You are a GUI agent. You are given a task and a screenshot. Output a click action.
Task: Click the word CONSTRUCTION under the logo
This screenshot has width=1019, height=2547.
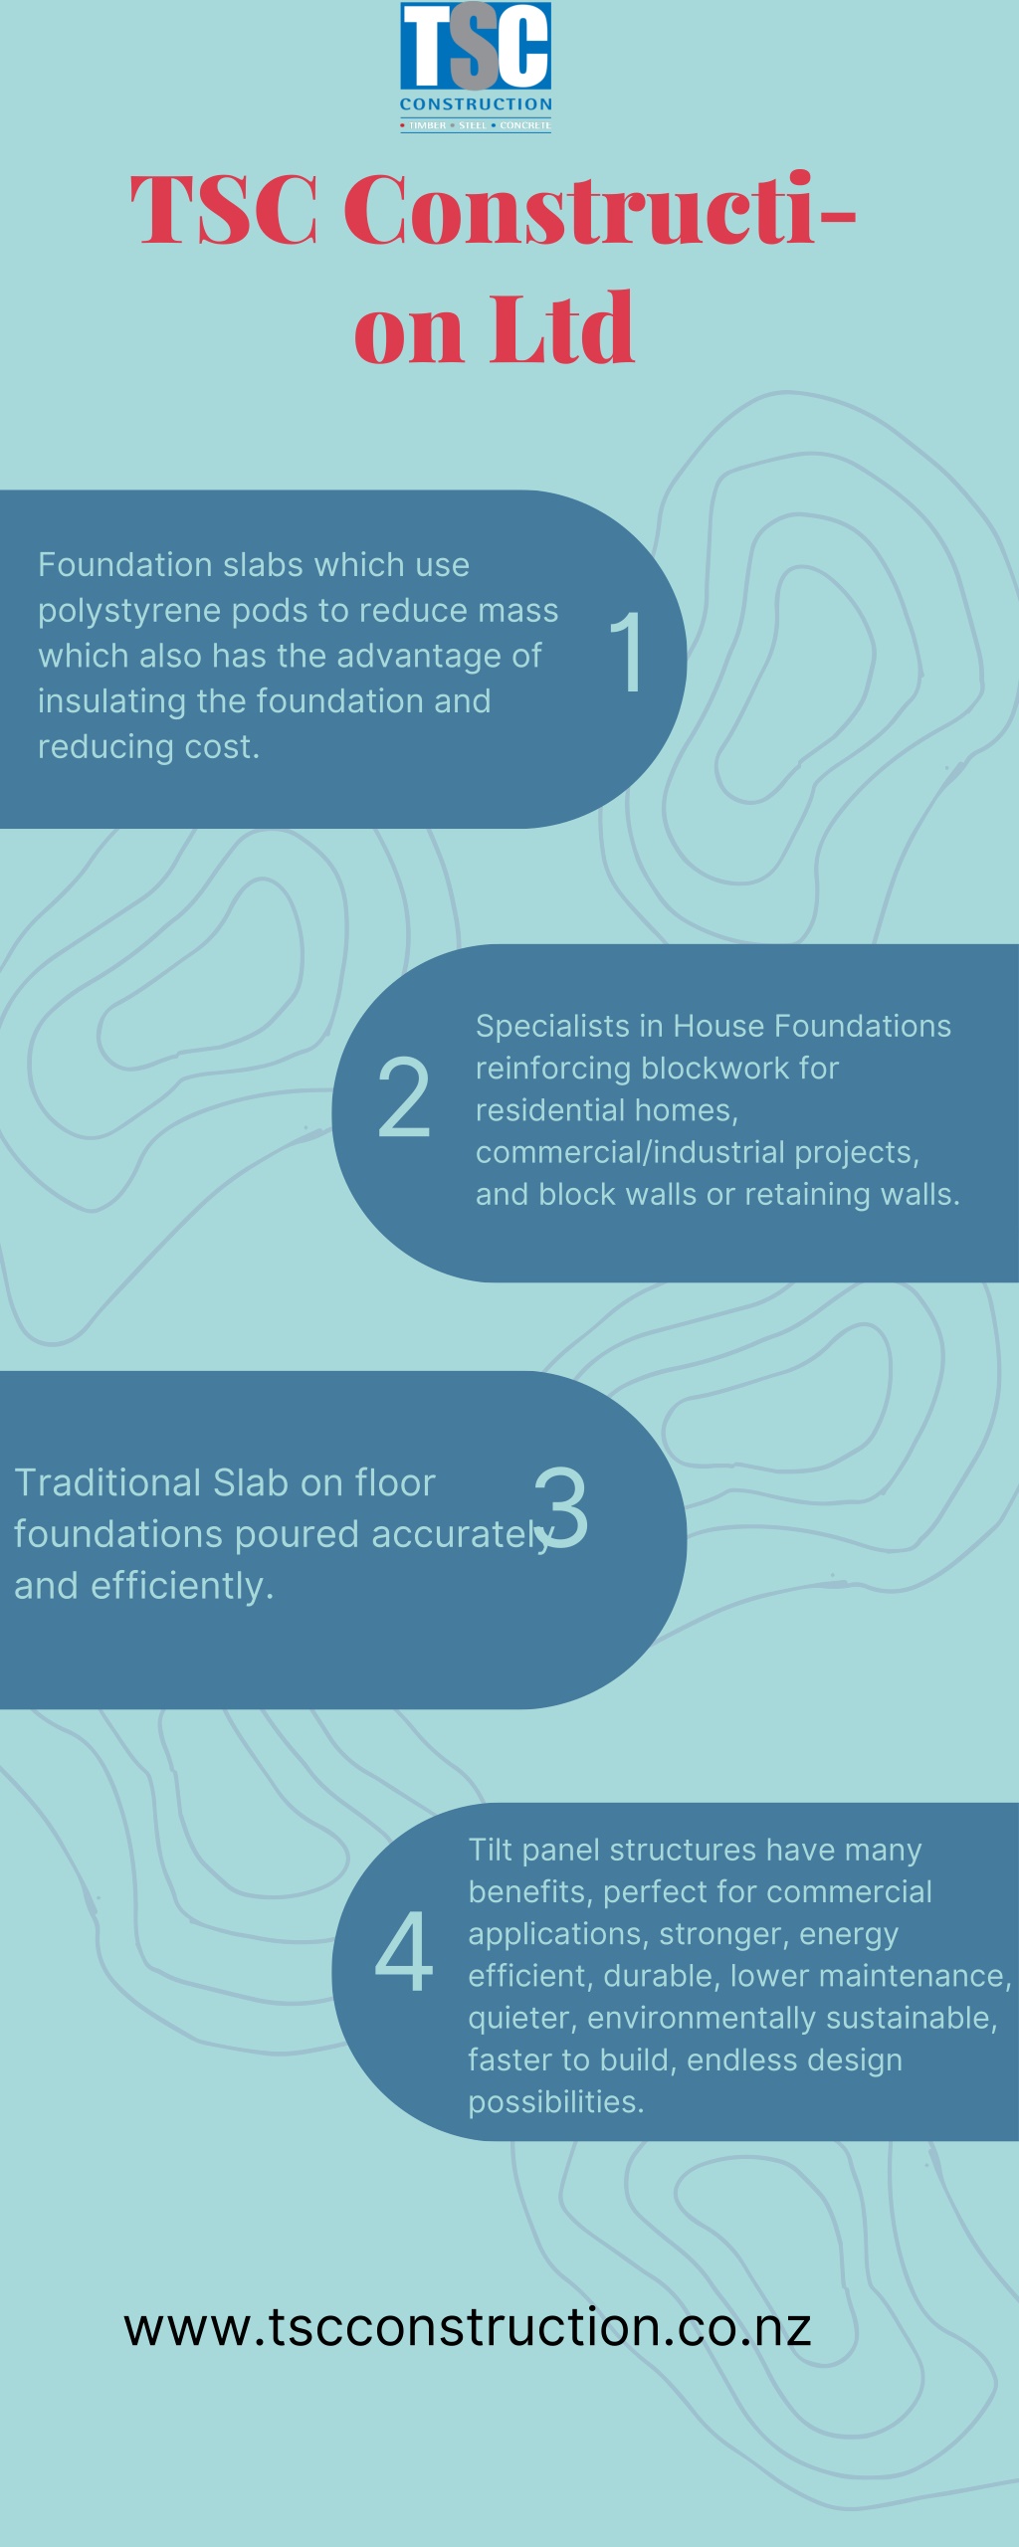click(x=476, y=104)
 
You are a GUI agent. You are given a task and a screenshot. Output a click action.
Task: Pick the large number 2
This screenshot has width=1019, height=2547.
click(x=404, y=1097)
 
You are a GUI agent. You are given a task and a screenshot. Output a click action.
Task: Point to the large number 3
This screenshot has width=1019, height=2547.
click(x=562, y=1508)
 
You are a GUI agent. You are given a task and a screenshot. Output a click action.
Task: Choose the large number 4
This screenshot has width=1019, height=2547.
click(x=404, y=1951)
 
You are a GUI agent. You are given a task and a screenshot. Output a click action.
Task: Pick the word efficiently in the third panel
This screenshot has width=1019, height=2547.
click(x=181, y=1586)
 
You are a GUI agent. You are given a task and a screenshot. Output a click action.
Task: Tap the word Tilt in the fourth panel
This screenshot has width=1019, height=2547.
click(x=490, y=1850)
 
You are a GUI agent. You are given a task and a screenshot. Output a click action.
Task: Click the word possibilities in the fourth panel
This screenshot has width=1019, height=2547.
click(x=555, y=2101)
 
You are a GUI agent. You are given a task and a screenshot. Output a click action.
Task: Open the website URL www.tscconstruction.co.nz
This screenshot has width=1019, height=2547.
click(x=468, y=2326)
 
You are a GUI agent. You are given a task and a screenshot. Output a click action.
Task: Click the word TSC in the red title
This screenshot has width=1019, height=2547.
click(x=224, y=210)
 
